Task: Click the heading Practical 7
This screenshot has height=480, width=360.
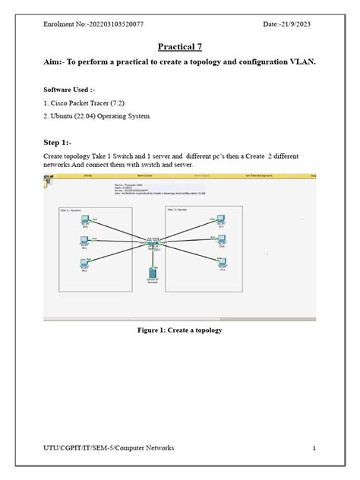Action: pyautogui.click(x=179, y=47)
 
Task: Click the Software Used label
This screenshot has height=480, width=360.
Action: pyautogui.click(x=71, y=90)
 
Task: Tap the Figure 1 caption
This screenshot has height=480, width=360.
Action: pyautogui.click(x=179, y=330)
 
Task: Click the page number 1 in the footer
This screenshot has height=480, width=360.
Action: pyautogui.click(x=314, y=448)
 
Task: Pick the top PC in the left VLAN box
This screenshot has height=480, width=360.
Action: pyautogui.click(x=84, y=222)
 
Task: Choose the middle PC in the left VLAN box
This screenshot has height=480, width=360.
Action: pyautogui.click(x=84, y=242)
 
